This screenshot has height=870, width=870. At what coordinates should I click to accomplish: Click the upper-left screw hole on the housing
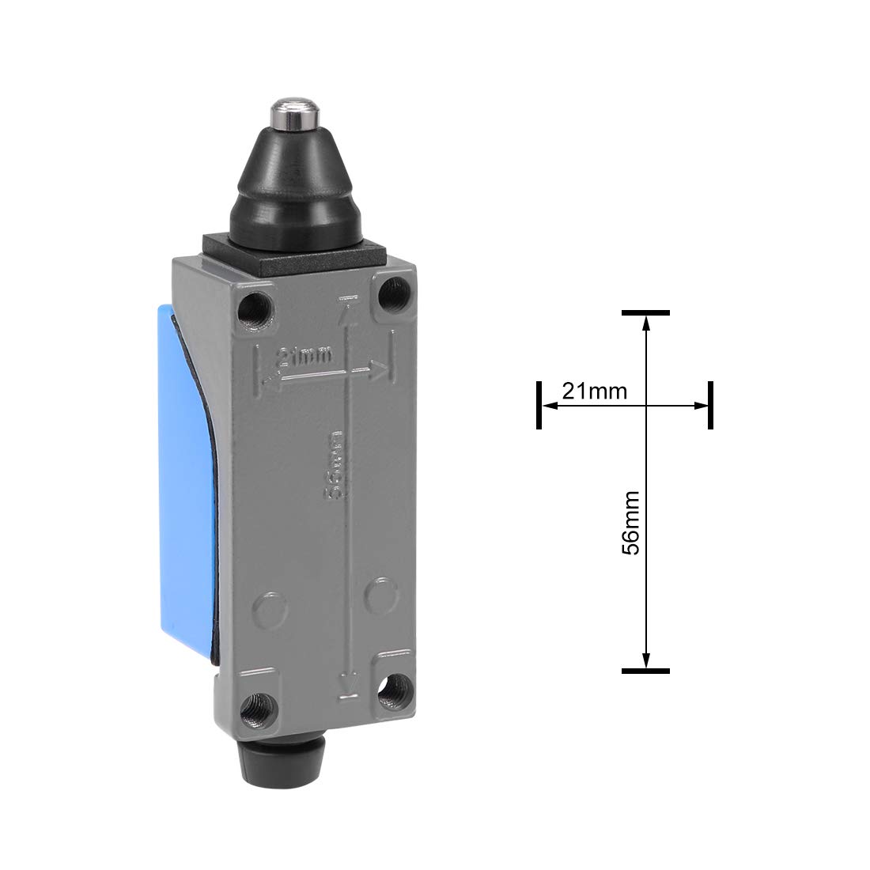click(255, 303)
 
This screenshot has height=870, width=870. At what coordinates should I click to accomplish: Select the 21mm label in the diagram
click(594, 391)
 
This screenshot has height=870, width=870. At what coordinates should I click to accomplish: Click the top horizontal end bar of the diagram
click(645, 313)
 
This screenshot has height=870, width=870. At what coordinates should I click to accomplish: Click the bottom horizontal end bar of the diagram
click(645, 671)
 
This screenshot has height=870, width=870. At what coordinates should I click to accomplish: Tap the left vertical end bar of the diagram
click(539, 405)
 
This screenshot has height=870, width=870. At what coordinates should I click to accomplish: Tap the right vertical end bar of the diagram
click(710, 405)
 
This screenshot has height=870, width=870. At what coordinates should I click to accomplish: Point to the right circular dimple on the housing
click(384, 595)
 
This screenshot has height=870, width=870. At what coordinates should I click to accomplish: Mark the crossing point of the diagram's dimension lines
click(646, 406)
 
